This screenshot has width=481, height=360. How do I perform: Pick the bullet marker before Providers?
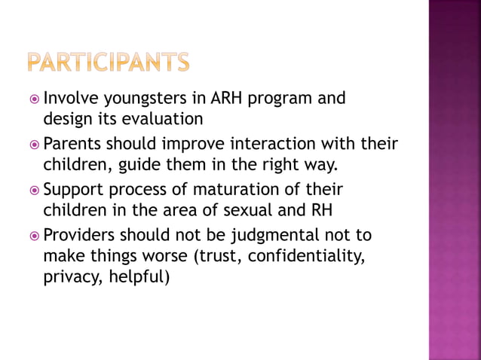pyautogui.click(x=32, y=236)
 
